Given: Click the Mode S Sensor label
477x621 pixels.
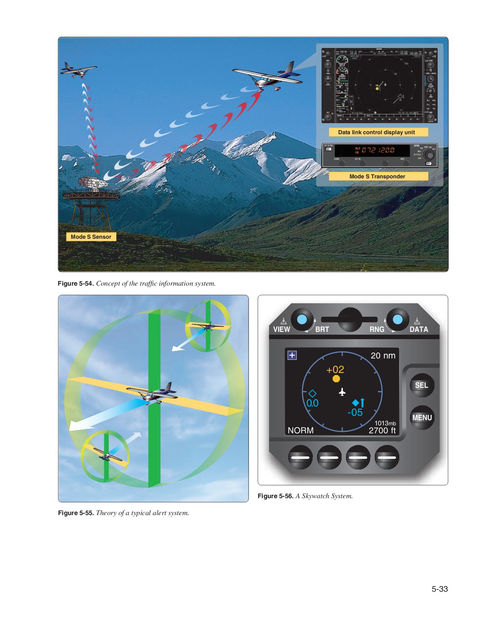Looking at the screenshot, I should (91, 237).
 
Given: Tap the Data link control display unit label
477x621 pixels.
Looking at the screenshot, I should (376, 132).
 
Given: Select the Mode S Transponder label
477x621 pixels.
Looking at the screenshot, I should (377, 176).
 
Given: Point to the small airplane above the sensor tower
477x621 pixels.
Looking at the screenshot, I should (78, 70).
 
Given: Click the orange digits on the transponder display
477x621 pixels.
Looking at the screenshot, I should (375, 150).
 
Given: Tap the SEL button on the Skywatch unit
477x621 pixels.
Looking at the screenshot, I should (421, 385).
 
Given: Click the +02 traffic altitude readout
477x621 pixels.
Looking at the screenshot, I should (335, 369).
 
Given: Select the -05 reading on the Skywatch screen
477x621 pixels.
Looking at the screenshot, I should (355, 412).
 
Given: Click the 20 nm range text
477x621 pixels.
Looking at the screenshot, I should (383, 356).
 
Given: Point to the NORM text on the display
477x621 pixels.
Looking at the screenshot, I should (300, 431).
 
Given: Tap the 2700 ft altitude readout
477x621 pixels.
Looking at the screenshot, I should (382, 431).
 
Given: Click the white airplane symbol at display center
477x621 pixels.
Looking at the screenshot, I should (342, 392).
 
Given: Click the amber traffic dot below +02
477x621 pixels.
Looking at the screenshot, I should (336, 379).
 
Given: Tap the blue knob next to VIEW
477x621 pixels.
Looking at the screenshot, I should (302, 319).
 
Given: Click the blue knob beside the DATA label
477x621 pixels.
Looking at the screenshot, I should (398, 319).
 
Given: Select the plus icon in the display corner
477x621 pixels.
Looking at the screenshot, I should (292, 355).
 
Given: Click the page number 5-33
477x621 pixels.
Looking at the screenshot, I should (439, 589).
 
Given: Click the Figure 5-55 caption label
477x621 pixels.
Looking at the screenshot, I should (76, 513).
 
